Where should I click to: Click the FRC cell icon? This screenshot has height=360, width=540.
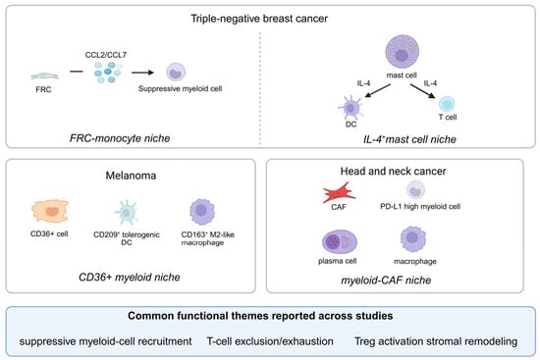click(x=45, y=77)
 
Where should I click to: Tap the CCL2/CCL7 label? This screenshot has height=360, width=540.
click(x=106, y=55)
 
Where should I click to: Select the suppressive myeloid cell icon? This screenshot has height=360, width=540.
click(x=176, y=72)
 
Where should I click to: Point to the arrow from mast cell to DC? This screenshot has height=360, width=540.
click(x=377, y=90)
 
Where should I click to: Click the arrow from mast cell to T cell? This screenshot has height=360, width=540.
click(x=422, y=91)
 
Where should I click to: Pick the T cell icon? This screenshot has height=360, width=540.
click(x=447, y=104)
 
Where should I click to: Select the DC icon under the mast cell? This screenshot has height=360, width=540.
click(x=351, y=108)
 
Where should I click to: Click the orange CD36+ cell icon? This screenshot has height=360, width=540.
click(x=50, y=211)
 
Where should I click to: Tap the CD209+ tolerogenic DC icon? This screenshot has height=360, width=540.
click(x=126, y=212)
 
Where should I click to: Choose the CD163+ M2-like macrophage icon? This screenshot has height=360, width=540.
click(x=202, y=211)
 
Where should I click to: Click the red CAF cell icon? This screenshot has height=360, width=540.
click(x=339, y=192)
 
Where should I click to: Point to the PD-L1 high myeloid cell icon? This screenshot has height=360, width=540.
click(x=415, y=189)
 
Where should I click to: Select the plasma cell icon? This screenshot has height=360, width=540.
click(x=340, y=241)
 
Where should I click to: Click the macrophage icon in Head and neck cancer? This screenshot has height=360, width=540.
click(x=413, y=238)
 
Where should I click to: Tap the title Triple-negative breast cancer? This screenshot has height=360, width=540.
click(x=259, y=19)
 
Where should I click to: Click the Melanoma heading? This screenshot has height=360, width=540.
click(x=131, y=176)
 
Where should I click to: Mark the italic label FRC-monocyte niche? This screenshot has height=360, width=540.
click(x=120, y=138)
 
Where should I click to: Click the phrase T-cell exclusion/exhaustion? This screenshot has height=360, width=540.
click(x=270, y=341)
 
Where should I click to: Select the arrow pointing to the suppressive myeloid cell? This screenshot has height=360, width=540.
click(x=142, y=73)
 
